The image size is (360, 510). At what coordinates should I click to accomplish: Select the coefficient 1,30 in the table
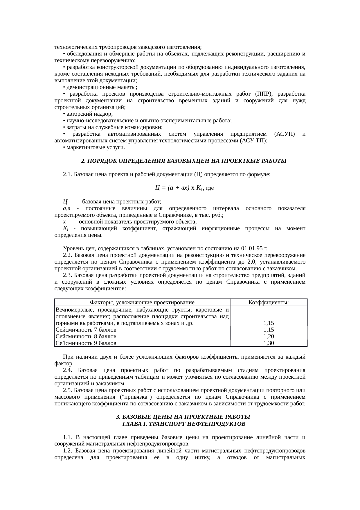click(x=269, y=343)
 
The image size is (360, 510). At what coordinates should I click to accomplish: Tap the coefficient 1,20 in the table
click(x=269, y=337)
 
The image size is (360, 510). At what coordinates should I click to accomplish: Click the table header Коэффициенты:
click(x=269, y=303)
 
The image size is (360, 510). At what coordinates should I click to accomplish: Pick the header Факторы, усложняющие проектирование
click(x=142, y=303)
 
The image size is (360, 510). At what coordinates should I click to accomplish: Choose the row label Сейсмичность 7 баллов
click(x=86, y=330)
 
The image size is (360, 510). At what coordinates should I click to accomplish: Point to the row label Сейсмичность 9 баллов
click(x=86, y=343)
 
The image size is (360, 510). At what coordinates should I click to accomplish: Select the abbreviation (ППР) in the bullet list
click(x=264, y=94)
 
